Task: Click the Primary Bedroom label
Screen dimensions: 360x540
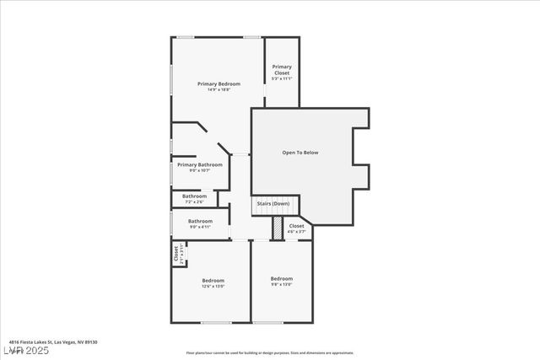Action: pos(219,83)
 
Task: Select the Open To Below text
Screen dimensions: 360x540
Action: pos(300,153)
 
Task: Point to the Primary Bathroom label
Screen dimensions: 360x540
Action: pos(200,164)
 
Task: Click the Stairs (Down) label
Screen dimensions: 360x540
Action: pos(272,204)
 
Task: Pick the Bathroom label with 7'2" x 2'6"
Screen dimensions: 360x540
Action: pos(194,196)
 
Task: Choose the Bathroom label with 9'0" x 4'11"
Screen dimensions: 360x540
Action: pos(200,221)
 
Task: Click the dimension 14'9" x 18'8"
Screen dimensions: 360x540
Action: pos(219,89)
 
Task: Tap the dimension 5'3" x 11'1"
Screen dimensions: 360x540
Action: pos(282,79)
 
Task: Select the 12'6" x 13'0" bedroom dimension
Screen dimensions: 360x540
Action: pos(213,286)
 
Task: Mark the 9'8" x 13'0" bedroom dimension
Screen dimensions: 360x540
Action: pos(282,284)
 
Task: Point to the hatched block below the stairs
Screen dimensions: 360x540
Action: pos(277,228)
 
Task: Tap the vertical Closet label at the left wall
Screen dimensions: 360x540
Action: pos(176,254)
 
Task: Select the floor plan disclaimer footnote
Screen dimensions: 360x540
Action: pos(270,353)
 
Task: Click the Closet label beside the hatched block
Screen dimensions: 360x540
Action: pos(296,226)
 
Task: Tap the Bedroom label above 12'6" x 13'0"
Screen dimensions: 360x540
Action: pos(213,280)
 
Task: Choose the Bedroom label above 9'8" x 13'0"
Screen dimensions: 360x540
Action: pos(282,278)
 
